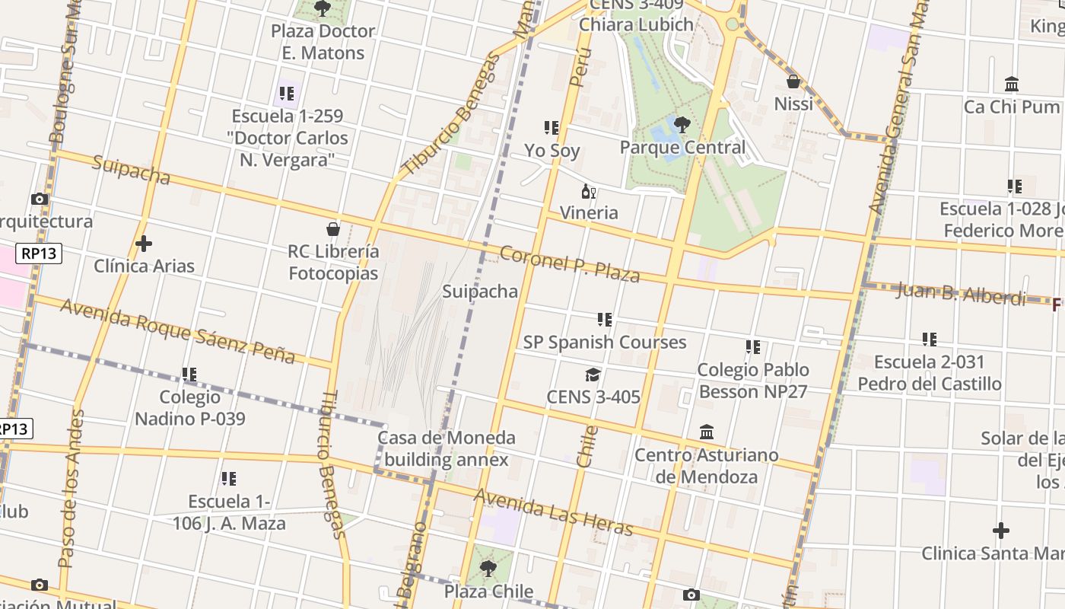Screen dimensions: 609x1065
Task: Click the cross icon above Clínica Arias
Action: coord(144,244)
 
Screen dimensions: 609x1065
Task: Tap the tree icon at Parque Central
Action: coord(682,125)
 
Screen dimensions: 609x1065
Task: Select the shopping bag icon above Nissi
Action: coord(793,81)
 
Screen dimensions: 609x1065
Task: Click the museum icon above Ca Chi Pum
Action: coord(1012,84)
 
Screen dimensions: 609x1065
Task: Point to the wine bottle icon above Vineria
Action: coord(588,190)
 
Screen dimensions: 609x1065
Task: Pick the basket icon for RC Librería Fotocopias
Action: coord(332,228)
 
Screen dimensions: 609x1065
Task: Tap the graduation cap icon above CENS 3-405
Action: coord(593,375)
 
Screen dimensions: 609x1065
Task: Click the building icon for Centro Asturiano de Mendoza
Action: coord(707,432)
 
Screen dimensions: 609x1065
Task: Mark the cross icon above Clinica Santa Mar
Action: coord(1001,531)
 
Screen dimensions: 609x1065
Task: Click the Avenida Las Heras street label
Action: coord(553,512)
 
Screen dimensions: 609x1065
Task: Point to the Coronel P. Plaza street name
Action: coord(570,263)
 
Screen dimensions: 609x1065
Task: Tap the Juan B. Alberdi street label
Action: coord(961,293)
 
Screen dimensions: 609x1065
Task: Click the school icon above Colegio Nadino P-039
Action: coord(189,375)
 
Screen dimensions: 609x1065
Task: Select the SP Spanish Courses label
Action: coord(605,343)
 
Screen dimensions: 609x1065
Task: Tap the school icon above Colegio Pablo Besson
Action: coord(753,347)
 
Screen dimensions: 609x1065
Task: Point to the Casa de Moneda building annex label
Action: coord(447,448)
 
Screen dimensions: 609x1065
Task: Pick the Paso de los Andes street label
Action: coord(71,489)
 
